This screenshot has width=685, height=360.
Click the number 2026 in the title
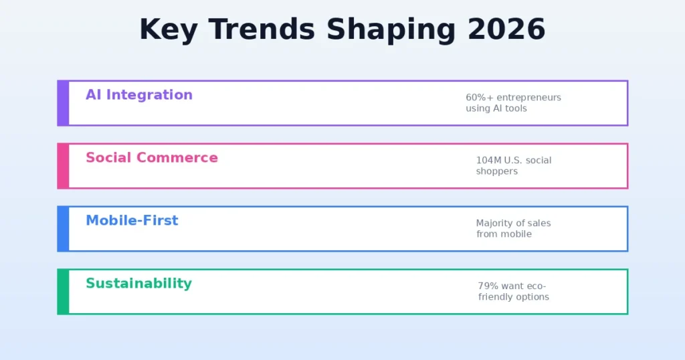[x=506, y=30]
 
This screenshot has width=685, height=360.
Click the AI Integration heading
[x=139, y=95]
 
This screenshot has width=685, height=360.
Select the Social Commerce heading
[x=152, y=158]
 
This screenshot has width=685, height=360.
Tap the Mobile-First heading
[x=132, y=221]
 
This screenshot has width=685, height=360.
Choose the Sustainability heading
[x=138, y=284]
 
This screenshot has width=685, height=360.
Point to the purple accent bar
[x=63, y=103]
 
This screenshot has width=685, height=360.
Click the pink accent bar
[x=63, y=166]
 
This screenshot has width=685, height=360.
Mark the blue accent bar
[x=63, y=229]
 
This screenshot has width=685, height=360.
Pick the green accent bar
[x=63, y=292]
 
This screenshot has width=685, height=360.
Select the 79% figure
[x=488, y=286]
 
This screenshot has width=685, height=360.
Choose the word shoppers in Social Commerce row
[x=496, y=171]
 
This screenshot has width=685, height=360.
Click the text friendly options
[x=513, y=297]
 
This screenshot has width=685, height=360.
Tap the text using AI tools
[x=496, y=108]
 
